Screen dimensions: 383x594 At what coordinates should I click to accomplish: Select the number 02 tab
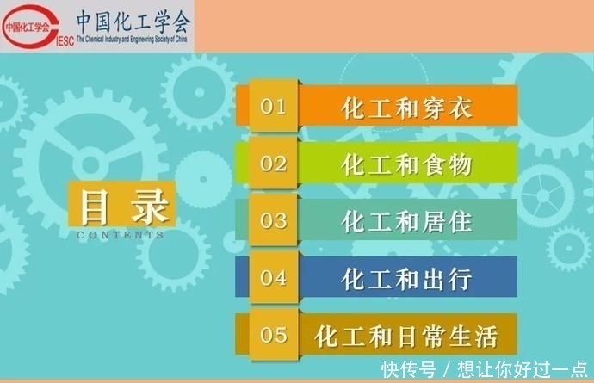[273, 163]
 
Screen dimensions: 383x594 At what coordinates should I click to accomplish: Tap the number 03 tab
[273, 220]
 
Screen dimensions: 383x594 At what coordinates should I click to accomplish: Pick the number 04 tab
[273, 277]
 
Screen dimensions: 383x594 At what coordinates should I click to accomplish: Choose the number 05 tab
[273, 334]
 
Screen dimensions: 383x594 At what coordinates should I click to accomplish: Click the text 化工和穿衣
[407, 108]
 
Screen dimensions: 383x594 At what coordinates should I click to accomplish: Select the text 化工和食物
[407, 164]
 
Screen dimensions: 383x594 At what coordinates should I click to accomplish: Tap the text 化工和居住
[407, 221]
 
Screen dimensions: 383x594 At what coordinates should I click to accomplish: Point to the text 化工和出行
[407, 278]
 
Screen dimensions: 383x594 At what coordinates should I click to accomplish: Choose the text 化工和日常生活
[407, 335]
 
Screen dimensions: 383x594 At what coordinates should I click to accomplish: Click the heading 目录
[125, 207]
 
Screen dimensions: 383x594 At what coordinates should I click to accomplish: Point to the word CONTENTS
[121, 235]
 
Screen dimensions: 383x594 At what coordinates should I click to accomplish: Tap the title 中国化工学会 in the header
[134, 19]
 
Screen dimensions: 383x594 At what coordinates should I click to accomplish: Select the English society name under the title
[134, 40]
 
